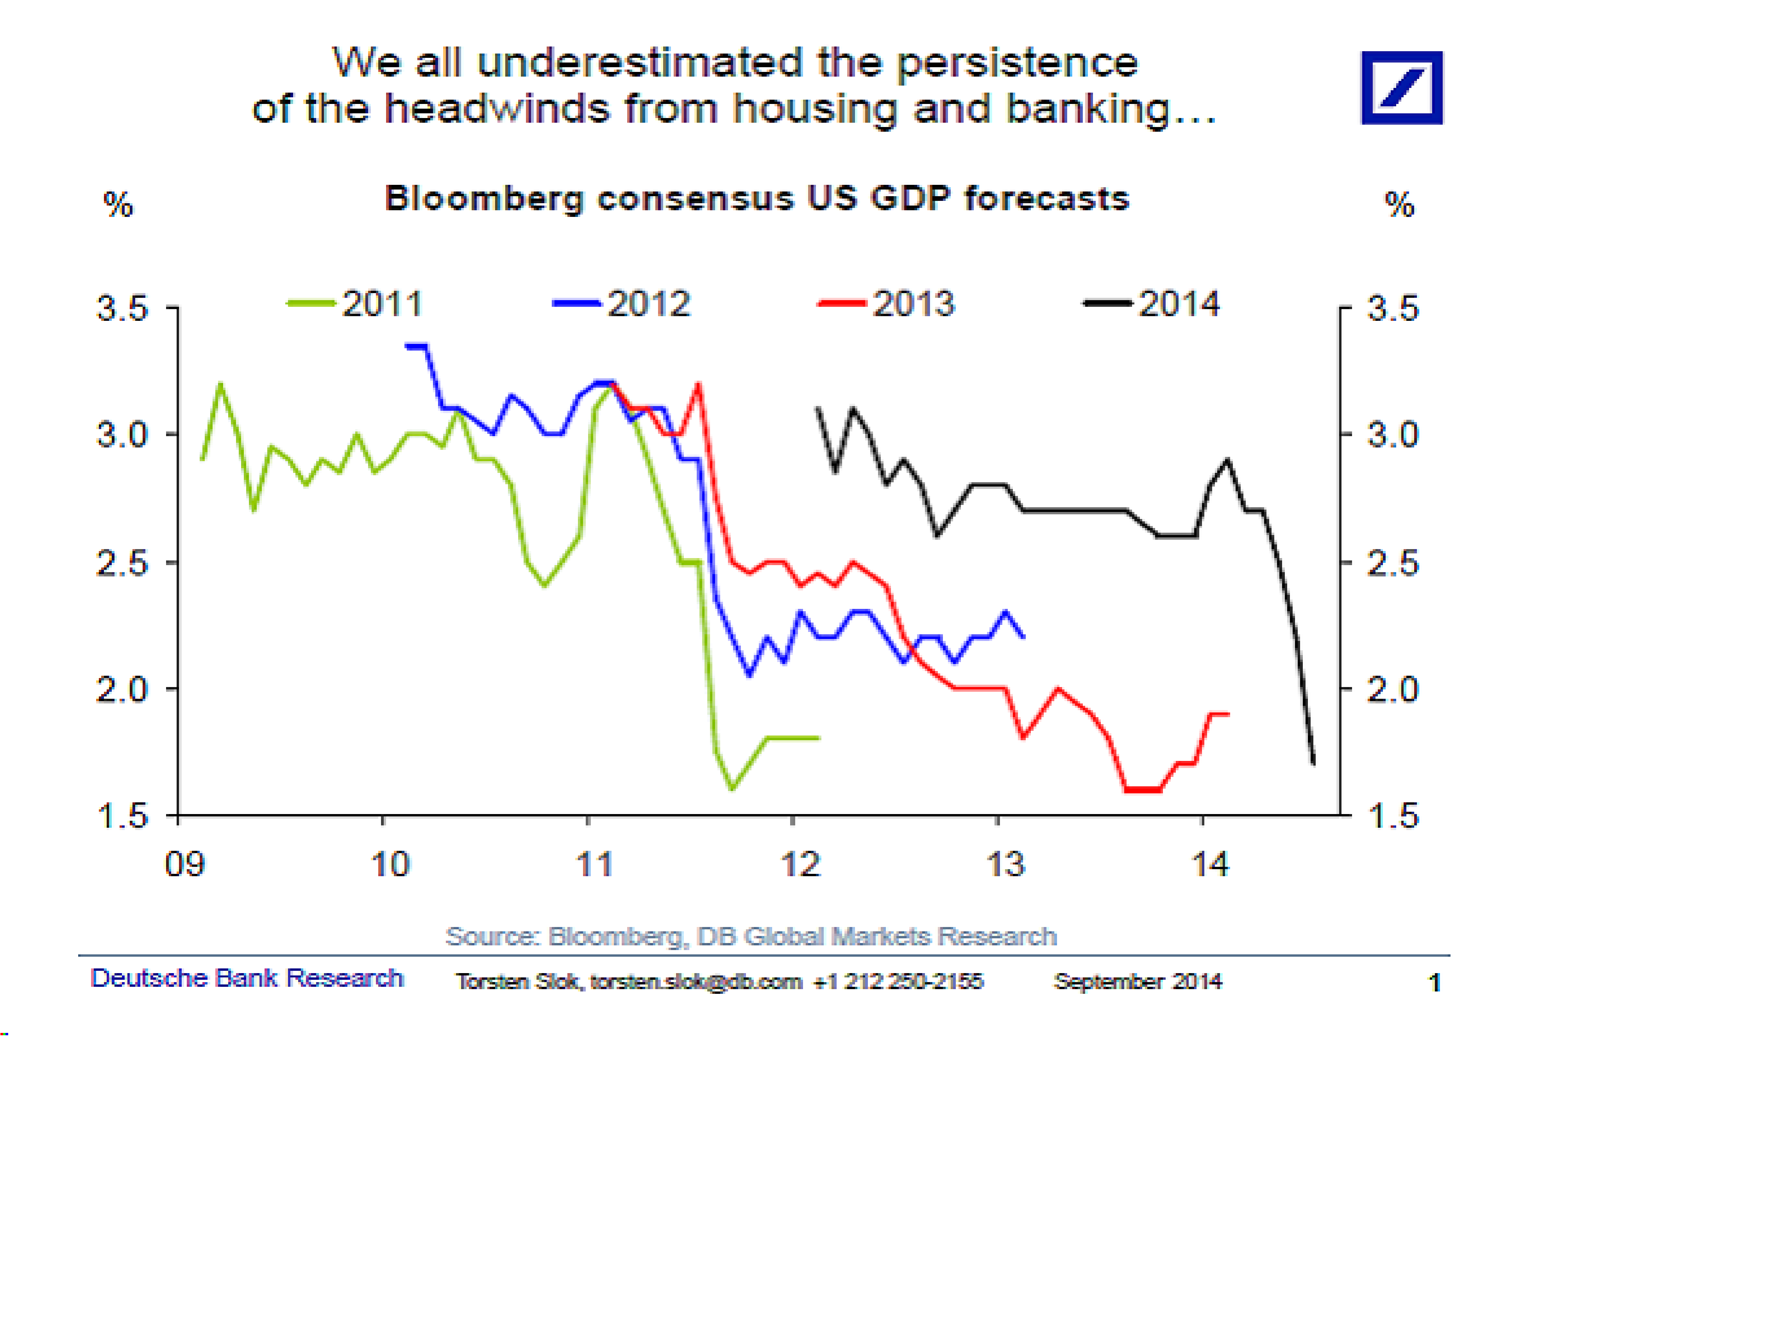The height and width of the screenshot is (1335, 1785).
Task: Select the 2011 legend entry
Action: click(356, 304)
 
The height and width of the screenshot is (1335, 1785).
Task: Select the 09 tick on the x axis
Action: click(185, 864)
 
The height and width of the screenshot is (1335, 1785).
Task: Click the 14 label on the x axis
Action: click(1211, 864)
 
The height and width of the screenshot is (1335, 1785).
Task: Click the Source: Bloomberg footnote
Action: click(751, 936)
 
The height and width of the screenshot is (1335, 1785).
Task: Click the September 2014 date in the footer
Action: click(1138, 981)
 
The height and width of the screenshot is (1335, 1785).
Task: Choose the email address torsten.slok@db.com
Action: click(696, 981)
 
